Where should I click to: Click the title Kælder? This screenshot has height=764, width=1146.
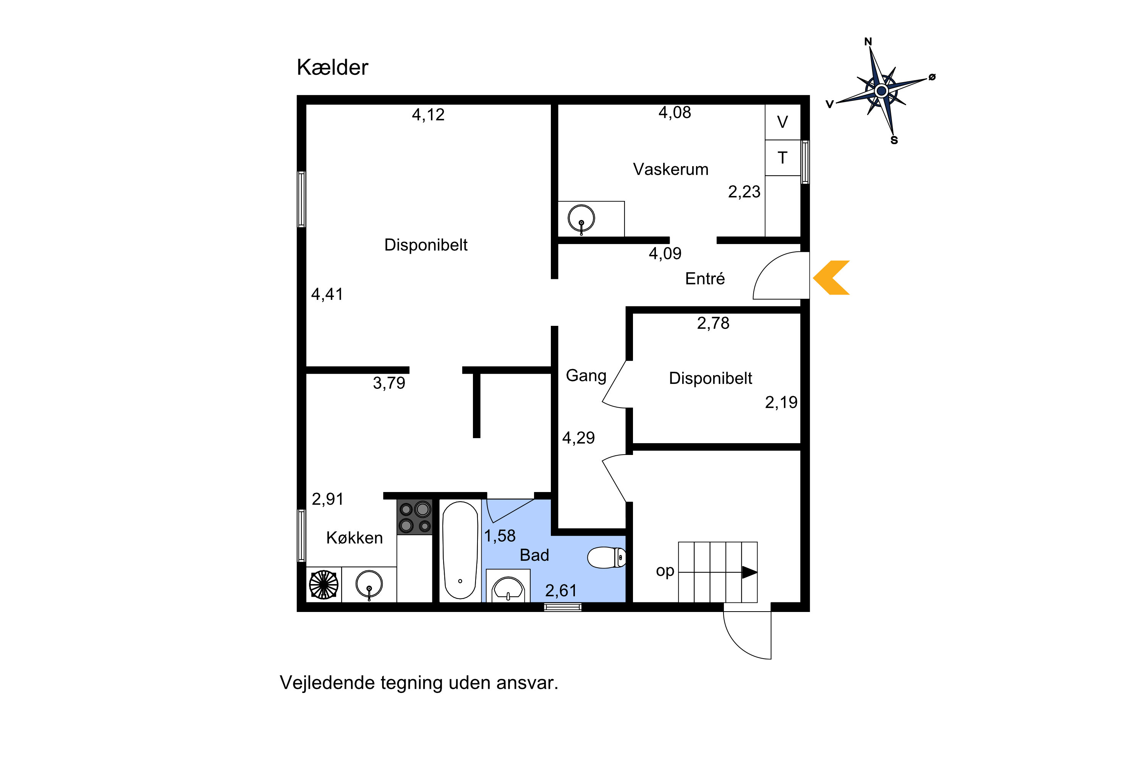pyautogui.click(x=332, y=67)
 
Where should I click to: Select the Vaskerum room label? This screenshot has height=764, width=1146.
pyautogui.click(x=670, y=170)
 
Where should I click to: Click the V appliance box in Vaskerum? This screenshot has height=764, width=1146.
pyautogui.click(x=782, y=122)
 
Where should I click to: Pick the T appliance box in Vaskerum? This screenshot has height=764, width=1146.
pyautogui.click(x=782, y=158)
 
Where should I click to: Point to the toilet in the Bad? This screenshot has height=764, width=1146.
pyautogui.click(x=606, y=558)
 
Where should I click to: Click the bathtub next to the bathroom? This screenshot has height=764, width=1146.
pyautogui.click(x=460, y=550)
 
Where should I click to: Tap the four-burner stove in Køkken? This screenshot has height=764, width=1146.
pyautogui.click(x=414, y=517)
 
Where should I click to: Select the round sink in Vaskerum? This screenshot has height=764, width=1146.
pyautogui.click(x=581, y=218)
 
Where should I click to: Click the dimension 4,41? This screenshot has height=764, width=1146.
pyautogui.click(x=327, y=294)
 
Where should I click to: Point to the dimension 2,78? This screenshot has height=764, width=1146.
pyautogui.click(x=713, y=323)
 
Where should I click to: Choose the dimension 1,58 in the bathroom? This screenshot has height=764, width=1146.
pyautogui.click(x=499, y=536)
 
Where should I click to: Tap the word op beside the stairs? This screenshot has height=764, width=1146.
pyautogui.click(x=665, y=571)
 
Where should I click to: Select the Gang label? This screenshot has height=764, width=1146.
pyautogui.click(x=586, y=375)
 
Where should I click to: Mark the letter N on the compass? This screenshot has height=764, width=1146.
pyautogui.click(x=868, y=42)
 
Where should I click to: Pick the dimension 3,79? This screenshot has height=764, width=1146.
pyautogui.click(x=389, y=383)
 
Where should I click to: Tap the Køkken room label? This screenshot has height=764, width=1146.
pyautogui.click(x=354, y=538)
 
